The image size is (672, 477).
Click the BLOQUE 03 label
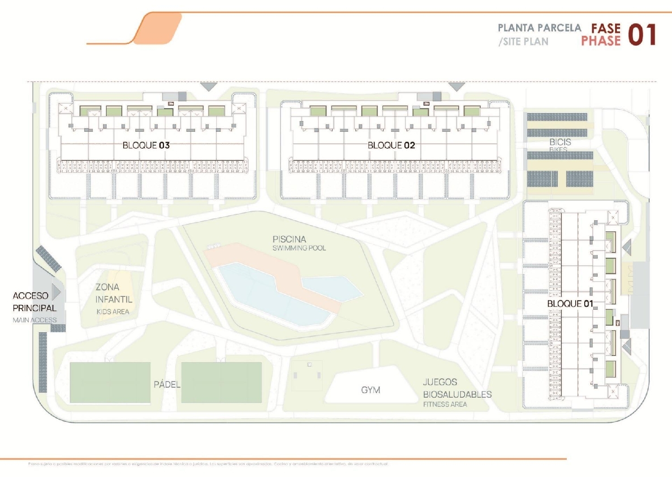pyautogui.click(x=146, y=145)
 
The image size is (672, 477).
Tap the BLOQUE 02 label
pyautogui.click(x=391, y=145)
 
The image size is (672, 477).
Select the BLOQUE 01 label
pyautogui.click(x=570, y=304)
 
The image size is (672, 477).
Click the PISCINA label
pyautogui.click(x=289, y=239)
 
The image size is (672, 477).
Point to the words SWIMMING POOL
pyautogui.click(x=299, y=248)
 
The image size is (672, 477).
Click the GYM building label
pyautogui.click(x=370, y=390)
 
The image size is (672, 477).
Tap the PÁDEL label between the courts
pyautogui.click(x=167, y=385)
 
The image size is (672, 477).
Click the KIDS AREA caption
pyautogui.click(x=113, y=312)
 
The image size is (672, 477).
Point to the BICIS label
pyautogui.click(x=560, y=142)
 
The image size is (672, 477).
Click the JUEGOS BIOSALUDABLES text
pyautogui.click(x=457, y=388)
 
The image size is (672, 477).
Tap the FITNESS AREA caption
pyautogui.click(x=445, y=404)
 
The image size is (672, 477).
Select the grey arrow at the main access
pyautogui.click(x=56, y=292)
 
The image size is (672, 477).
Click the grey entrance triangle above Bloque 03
pyautogui.click(x=208, y=86)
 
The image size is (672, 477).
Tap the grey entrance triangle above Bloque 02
pyautogui.click(x=457, y=86)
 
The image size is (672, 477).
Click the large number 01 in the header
pyautogui.click(x=642, y=35)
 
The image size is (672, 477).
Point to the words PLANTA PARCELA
pyautogui.click(x=539, y=28)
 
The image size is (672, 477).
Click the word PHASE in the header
pyautogui.click(x=601, y=41)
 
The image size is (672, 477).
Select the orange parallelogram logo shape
pyautogui.click(x=159, y=28)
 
